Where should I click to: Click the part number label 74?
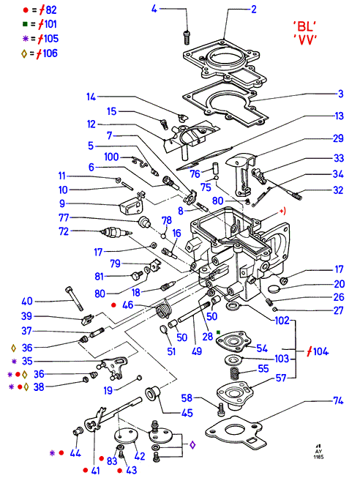338,400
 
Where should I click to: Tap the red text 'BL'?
304,26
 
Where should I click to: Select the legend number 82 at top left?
51,10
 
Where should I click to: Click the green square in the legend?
25,24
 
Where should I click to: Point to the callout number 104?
321,351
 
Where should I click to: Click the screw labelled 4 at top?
187,37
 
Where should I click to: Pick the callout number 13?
339,116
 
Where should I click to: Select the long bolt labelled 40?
74,298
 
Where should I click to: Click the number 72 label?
64,231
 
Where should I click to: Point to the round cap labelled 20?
274,288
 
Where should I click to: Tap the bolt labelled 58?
221,408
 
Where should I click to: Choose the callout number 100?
111,157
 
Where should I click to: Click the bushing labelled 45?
153,394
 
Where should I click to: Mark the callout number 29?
338,138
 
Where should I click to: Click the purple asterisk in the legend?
26,38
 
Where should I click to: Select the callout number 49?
197,351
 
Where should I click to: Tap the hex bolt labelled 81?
136,275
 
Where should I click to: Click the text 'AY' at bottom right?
318,452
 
